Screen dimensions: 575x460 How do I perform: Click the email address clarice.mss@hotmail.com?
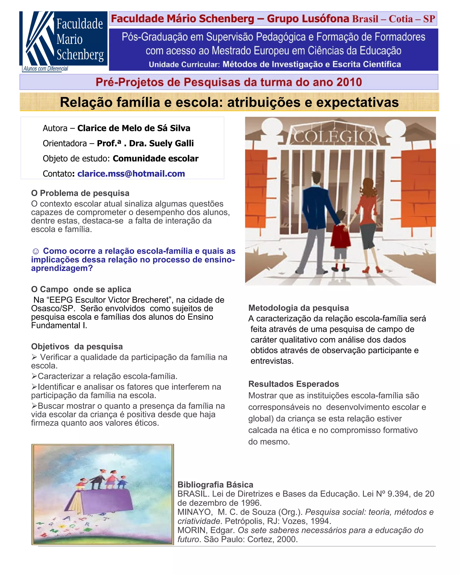point(131,174)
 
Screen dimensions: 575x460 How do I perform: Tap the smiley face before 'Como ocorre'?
point(35,252)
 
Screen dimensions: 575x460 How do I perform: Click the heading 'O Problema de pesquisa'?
point(80,193)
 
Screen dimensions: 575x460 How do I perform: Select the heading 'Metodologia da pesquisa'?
point(299,308)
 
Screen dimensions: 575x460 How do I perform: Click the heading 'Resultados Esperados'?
point(294,384)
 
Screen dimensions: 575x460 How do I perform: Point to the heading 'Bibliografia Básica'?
point(215,484)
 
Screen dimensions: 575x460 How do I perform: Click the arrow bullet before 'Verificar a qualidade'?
point(34,357)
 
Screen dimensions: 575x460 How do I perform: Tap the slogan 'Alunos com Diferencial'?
point(46,69)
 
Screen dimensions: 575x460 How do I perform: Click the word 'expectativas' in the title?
point(357,102)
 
